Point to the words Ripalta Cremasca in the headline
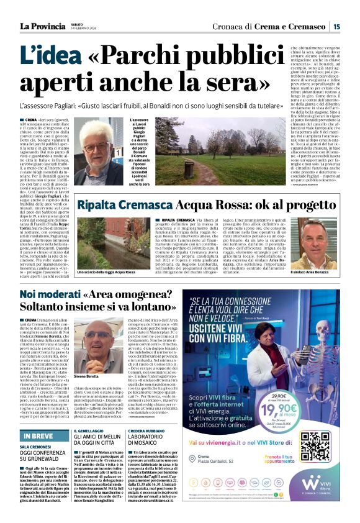click(x=122, y=204)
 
